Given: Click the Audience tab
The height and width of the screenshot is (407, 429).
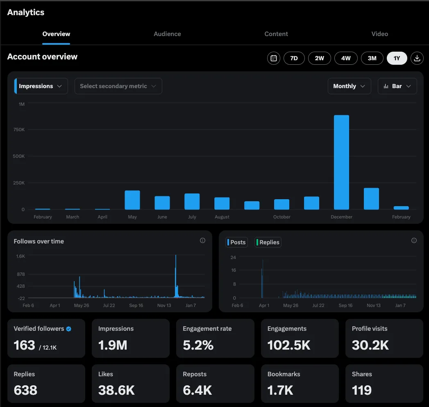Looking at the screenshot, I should point(167,34).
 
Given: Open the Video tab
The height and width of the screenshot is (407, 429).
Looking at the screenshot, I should point(379,34).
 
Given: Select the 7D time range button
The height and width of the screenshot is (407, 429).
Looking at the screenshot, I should point(294,58).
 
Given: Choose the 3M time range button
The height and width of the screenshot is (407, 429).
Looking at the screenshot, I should point(372,58).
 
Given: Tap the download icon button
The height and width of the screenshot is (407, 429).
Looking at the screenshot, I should point(417,58).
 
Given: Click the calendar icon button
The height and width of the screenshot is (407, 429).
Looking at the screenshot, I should point(274,58).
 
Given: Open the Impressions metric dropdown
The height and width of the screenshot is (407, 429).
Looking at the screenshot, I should point(41,86).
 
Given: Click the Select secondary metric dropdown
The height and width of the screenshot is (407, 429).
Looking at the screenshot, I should point(118,86).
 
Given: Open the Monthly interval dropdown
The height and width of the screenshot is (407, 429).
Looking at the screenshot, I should point(349,86).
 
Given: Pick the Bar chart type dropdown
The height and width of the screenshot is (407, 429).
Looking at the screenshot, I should point(397,86).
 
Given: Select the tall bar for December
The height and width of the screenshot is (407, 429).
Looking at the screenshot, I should point(341,162).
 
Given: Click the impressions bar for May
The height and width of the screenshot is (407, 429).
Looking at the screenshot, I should point(132,200).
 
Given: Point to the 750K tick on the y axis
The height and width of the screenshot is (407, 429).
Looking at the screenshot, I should point(19,130).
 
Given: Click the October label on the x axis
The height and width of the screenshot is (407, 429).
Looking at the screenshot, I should point(282,217).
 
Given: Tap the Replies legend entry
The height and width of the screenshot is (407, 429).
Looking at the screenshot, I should point(268,242).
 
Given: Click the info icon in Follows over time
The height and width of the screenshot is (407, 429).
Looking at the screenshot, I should point(202,241).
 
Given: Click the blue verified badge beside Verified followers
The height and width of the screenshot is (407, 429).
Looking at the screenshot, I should point(69,329).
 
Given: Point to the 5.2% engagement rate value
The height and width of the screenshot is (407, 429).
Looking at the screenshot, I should point(198,346).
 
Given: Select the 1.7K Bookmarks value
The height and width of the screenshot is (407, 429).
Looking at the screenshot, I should point(280,391).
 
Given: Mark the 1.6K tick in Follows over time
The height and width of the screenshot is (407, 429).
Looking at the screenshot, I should point(20,256).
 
